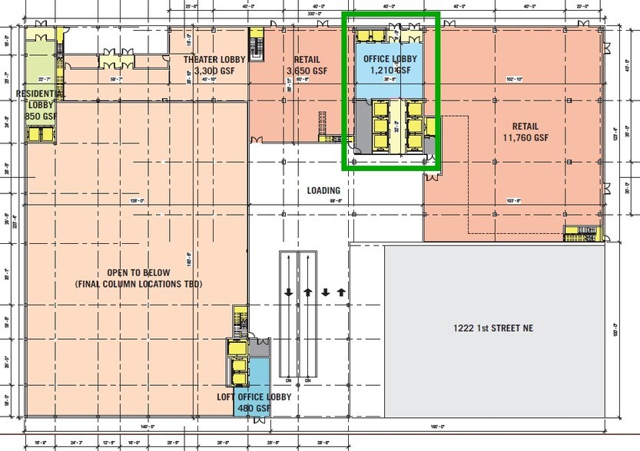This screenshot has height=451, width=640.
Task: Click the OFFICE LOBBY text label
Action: tap(388, 59)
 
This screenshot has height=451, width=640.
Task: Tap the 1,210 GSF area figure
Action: tap(388, 70)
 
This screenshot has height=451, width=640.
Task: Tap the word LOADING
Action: tap(323, 191)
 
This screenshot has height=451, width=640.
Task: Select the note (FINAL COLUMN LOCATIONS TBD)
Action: tap(138, 284)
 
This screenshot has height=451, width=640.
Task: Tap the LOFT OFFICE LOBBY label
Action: tap(254, 397)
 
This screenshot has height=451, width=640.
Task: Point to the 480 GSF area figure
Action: tap(254, 408)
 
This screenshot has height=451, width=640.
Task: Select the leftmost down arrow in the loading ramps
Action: tap(288, 292)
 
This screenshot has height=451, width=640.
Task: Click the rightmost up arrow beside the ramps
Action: tap(341, 292)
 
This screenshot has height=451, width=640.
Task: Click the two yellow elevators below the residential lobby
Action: tap(37, 133)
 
